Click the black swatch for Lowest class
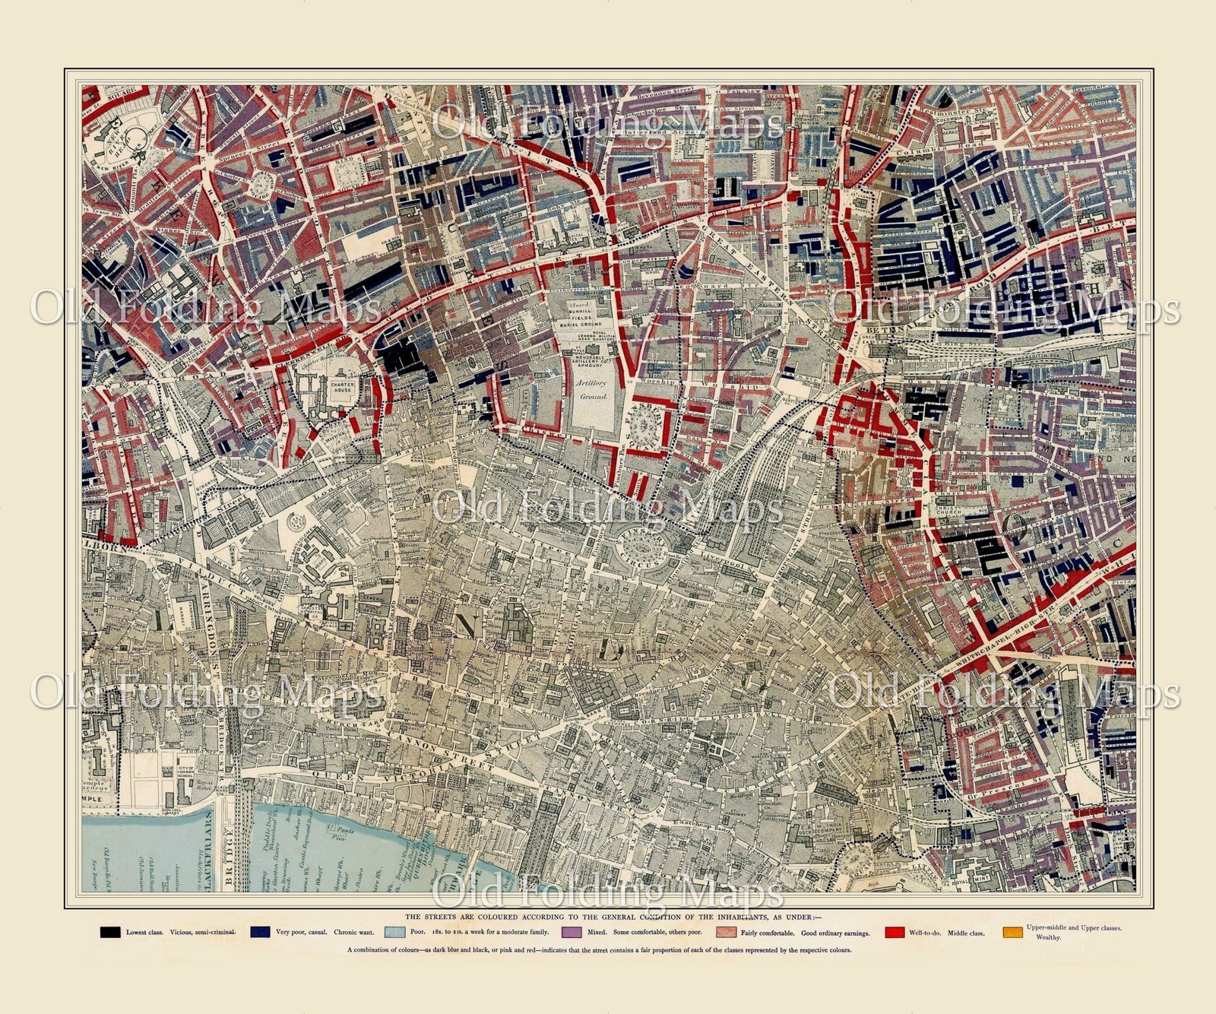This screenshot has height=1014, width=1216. click(x=110, y=932)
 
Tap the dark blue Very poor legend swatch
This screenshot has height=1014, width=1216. click(x=261, y=932)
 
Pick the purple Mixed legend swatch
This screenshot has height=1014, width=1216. click(x=572, y=932)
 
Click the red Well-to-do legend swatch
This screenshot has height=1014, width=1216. click(x=895, y=932)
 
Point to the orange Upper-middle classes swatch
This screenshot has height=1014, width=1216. click(x=1012, y=932)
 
